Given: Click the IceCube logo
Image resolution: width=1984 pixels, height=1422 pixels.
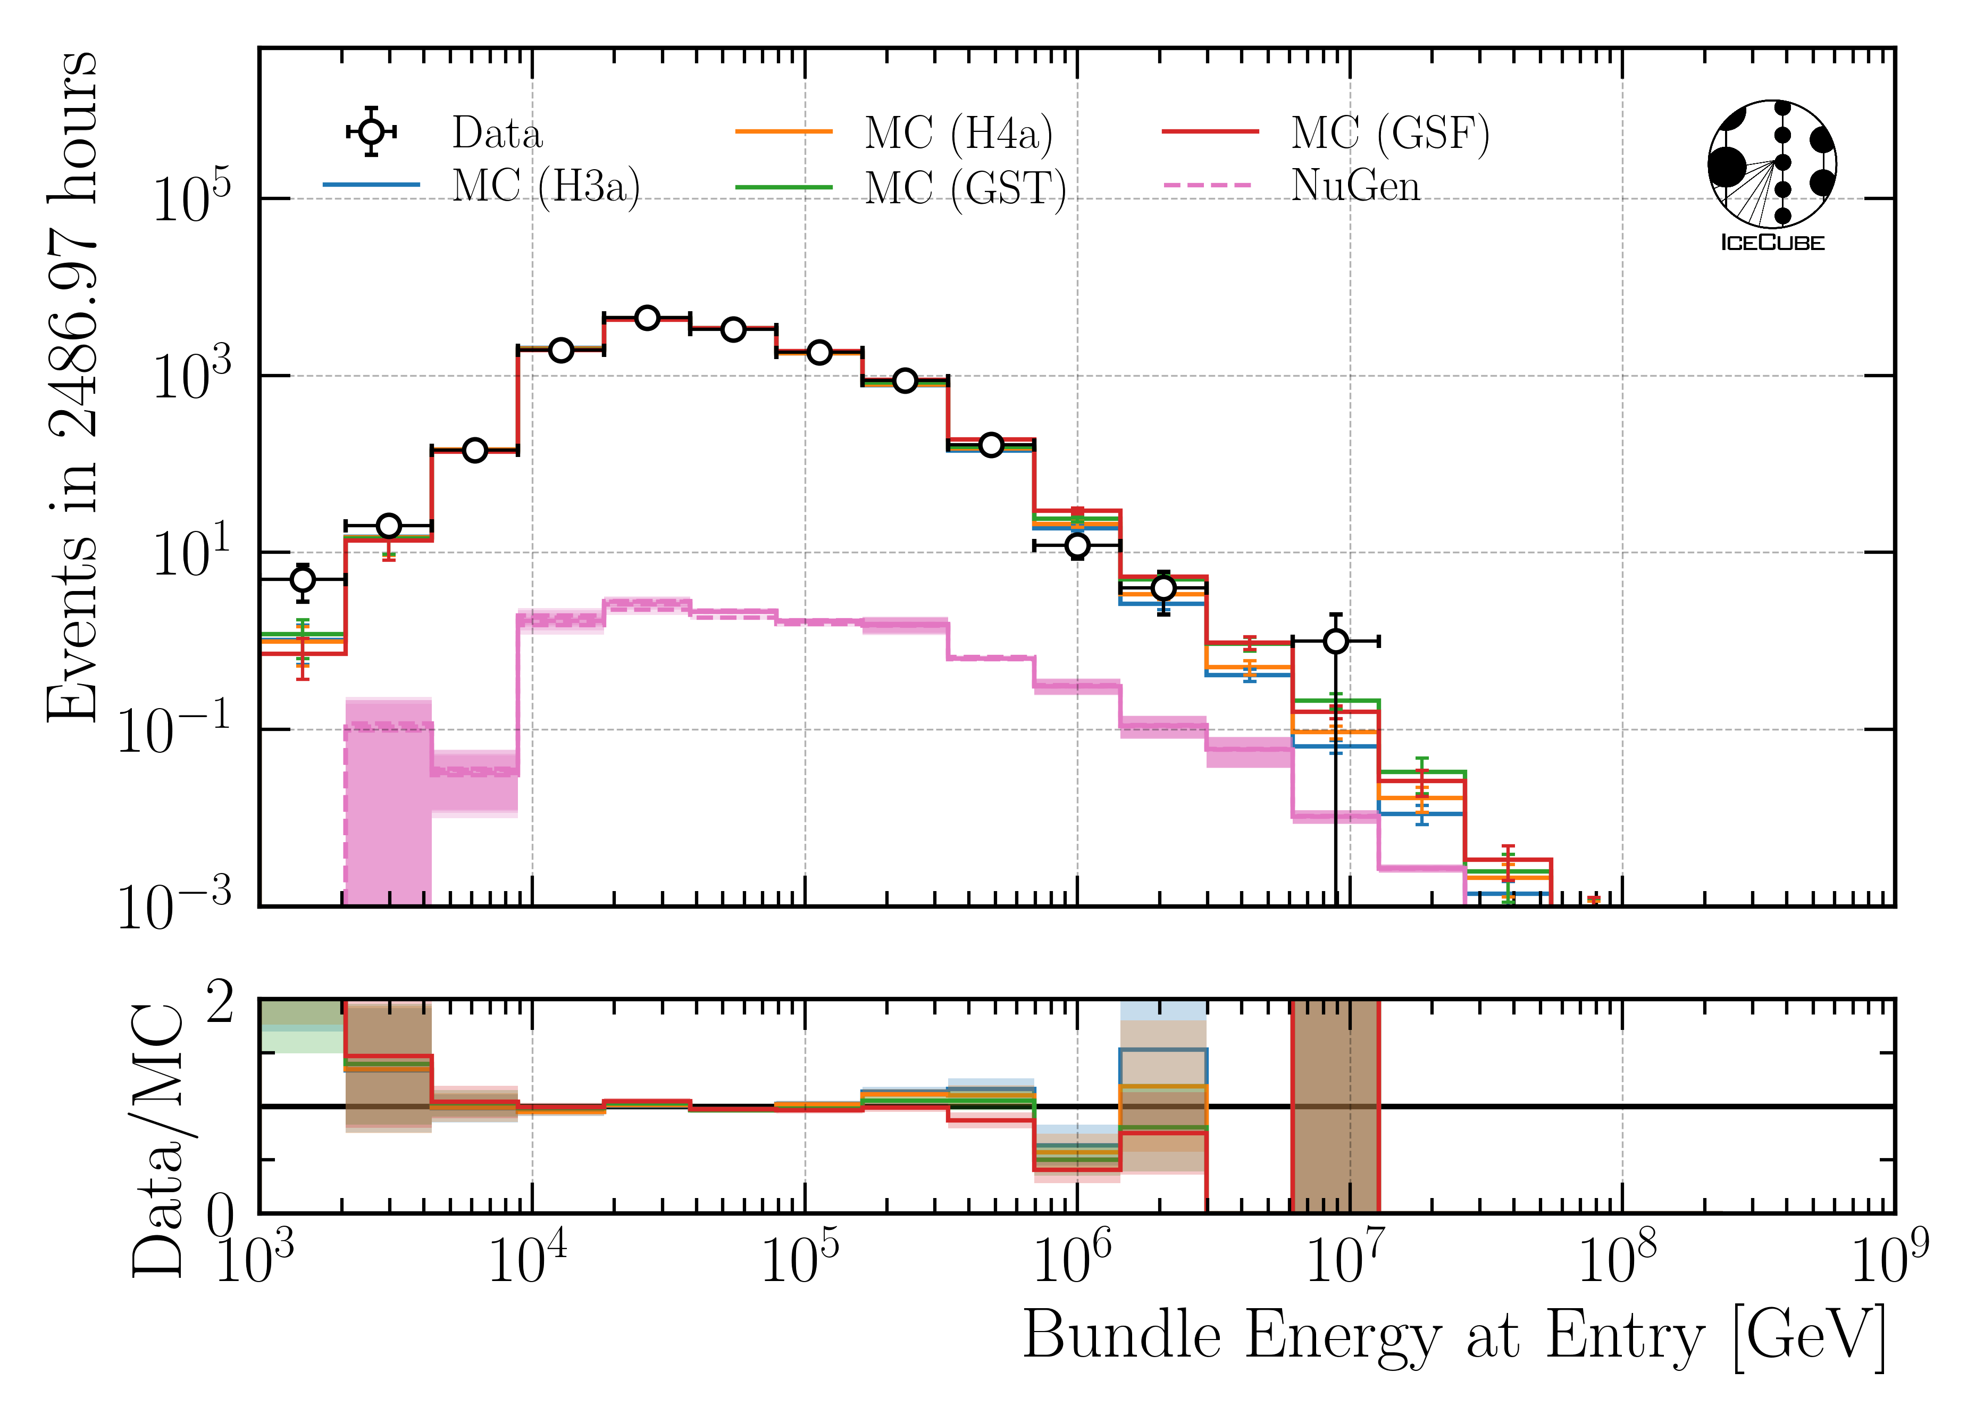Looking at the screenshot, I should tap(1772, 175).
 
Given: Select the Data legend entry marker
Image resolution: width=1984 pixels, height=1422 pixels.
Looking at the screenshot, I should tap(372, 131).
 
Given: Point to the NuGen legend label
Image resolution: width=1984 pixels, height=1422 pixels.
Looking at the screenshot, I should tap(1355, 186).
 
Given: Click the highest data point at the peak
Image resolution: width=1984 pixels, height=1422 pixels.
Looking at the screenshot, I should tap(647, 318).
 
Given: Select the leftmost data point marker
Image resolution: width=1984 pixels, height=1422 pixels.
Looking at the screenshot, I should tap(303, 579).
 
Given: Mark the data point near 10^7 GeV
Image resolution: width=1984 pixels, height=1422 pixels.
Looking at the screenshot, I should tap(1335, 642).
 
